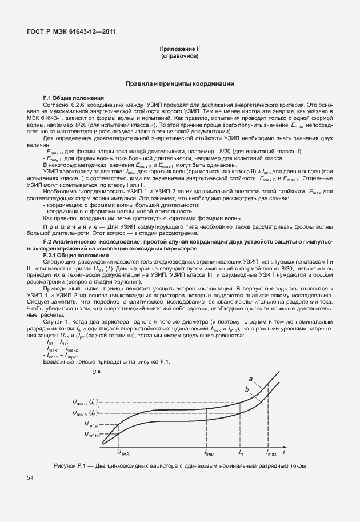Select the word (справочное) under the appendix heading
point(179,57)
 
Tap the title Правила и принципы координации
point(179,83)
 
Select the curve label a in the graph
point(251,378)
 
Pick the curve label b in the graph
point(247,390)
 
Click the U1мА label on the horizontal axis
point(123,453)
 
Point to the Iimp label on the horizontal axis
point(210,453)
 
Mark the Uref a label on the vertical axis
point(91,425)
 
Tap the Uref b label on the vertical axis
point(91,435)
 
